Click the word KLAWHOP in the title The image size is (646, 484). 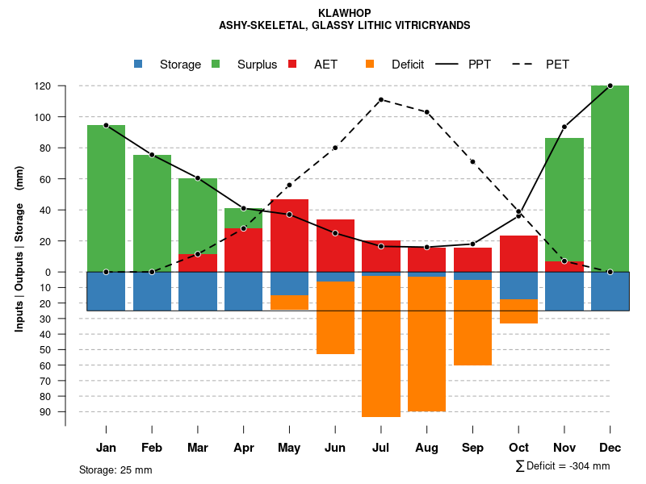pos(344,14)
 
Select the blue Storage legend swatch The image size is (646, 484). pos(138,64)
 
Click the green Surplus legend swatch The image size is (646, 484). pos(216,64)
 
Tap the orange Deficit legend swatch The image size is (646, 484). pos(370,64)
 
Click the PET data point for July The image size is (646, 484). pos(380,99)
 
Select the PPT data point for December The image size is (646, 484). pos(610,86)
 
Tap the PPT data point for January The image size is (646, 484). pos(106,125)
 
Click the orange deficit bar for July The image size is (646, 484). pos(380,347)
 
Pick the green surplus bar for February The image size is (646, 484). pos(152,213)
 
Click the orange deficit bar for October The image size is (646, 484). pos(518,311)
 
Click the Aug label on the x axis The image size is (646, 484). pos(426,448)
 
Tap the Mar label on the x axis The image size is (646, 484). pos(198,448)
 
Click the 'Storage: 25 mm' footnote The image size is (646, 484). pos(115,469)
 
